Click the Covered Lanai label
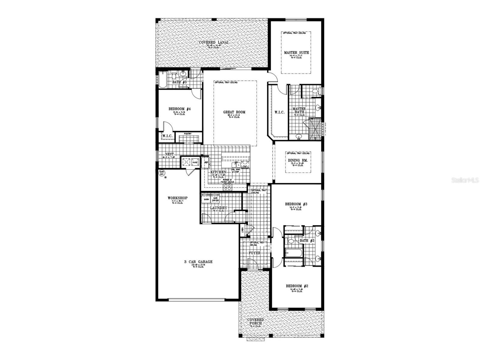(x=213, y=43)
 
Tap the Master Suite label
(x=296, y=52)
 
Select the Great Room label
(x=234, y=112)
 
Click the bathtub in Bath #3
(x=162, y=80)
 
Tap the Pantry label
(x=188, y=134)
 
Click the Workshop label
(x=177, y=198)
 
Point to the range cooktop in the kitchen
(x=227, y=187)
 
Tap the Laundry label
(x=218, y=208)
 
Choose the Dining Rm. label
(x=298, y=160)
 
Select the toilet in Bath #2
(x=290, y=241)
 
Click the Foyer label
(x=255, y=253)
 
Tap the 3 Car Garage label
(x=198, y=262)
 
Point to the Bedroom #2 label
(x=297, y=286)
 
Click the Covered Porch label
(x=256, y=322)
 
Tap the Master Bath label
(x=299, y=110)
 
